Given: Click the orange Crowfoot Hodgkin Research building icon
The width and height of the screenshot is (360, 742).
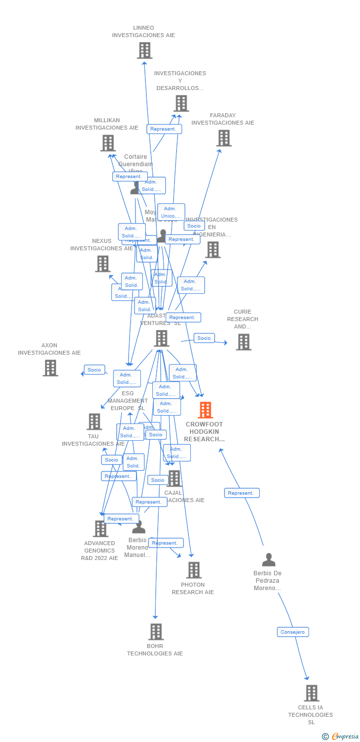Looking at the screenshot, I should (x=205, y=410).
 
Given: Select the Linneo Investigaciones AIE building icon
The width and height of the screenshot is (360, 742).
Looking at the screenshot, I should (x=144, y=50).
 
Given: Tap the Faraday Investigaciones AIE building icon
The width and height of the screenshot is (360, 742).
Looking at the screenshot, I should (x=224, y=138).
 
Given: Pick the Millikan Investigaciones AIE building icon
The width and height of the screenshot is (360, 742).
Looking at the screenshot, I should (x=108, y=143).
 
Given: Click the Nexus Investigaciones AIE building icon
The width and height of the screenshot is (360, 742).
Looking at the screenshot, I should (x=103, y=264).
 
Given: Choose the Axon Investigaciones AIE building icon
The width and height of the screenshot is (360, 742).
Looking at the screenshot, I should (x=50, y=368).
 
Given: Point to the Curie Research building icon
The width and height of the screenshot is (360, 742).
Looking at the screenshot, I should (x=243, y=342).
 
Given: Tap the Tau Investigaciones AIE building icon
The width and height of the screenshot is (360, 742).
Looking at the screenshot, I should (x=94, y=421).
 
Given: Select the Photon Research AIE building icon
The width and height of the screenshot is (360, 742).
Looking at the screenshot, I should (x=194, y=570).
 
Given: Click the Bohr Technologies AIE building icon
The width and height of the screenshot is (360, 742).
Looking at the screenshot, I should (x=156, y=632).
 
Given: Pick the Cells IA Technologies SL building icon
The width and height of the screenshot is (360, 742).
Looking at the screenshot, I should (x=311, y=693).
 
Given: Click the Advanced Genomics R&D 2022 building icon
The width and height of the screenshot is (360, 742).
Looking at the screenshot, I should (x=100, y=529).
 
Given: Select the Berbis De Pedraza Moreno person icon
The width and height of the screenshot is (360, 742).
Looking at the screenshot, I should (x=269, y=560).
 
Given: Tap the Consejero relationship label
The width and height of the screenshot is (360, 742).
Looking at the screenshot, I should (x=293, y=632).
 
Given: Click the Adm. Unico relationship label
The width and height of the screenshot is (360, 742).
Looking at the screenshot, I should (x=171, y=212).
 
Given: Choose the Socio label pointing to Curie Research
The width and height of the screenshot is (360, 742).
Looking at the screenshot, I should (x=204, y=338).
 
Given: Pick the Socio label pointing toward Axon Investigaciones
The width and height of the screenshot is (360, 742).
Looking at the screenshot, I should (x=94, y=370).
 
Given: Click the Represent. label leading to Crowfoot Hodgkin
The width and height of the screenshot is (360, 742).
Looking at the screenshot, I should (x=242, y=493).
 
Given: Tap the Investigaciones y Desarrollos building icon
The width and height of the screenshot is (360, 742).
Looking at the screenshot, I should (x=181, y=103).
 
